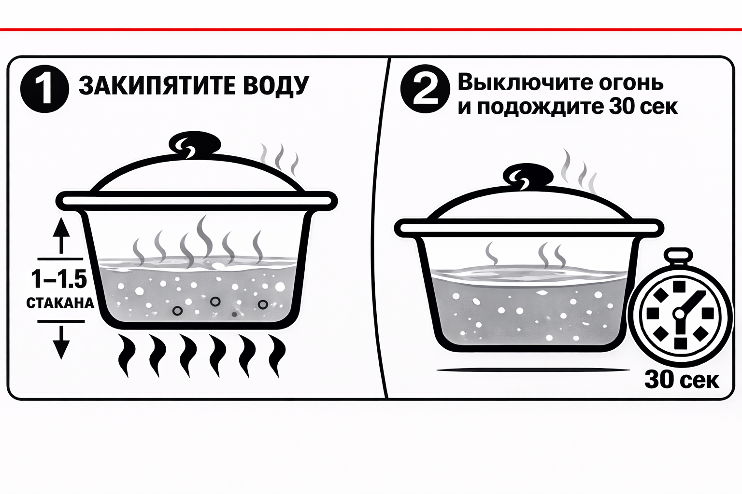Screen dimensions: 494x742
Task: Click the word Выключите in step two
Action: coord(522,82)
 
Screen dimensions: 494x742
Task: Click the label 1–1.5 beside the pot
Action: coord(58,280)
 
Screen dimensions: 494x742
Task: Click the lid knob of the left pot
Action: coord(195,144)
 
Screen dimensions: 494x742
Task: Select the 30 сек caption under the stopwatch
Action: coord(682,380)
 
